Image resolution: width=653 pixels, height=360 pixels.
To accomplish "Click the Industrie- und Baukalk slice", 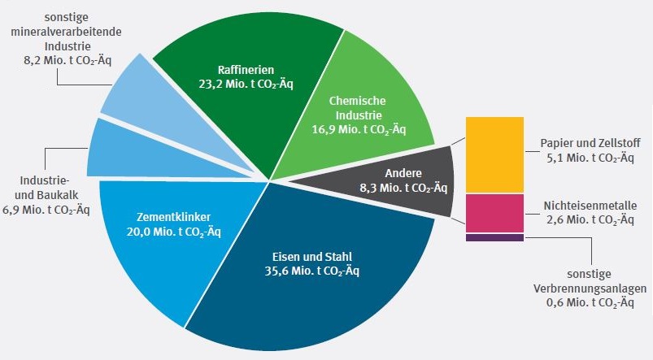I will (x=114, y=150).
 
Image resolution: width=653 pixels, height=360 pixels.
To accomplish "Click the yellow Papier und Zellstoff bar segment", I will (x=494, y=154).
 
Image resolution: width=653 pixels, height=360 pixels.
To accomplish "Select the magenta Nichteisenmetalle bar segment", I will (x=494, y=214).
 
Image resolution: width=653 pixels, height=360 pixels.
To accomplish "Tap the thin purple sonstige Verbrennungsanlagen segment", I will (x=494, y=238).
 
